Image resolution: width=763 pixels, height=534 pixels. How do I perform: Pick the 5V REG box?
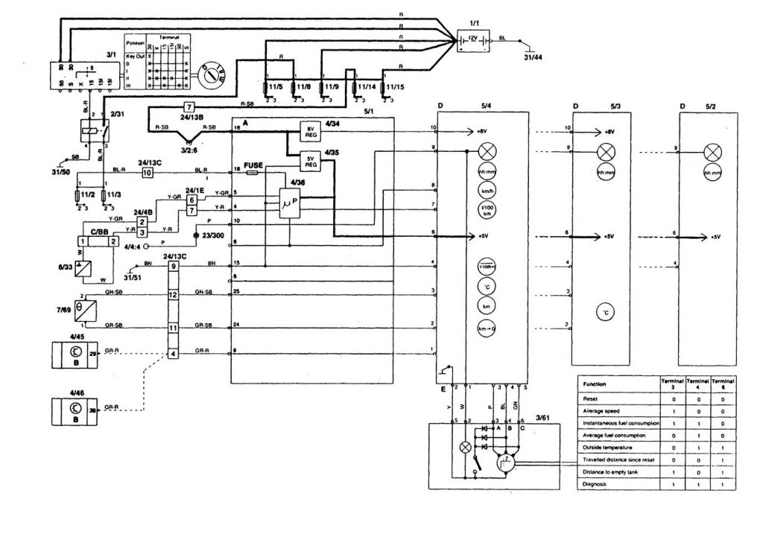309,160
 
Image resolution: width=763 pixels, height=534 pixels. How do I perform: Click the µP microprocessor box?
288,203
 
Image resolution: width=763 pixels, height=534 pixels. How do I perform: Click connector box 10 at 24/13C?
148,172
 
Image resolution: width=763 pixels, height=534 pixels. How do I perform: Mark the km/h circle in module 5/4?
488,189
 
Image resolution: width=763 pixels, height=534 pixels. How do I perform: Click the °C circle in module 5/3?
606,314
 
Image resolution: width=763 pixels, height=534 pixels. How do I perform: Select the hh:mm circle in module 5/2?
713,174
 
